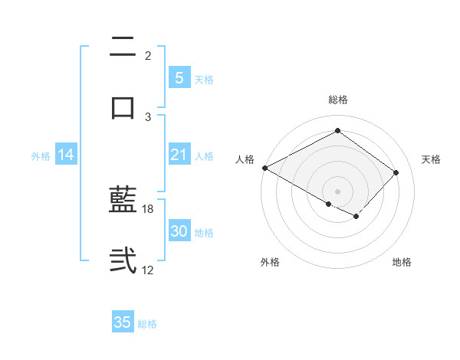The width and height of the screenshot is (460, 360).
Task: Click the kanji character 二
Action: click(x=123, y=47)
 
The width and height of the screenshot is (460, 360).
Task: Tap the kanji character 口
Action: click(x=123, y=108)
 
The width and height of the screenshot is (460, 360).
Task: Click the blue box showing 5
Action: click(x=179, y=78)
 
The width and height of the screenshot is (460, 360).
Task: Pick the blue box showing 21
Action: click(x=179, y=155)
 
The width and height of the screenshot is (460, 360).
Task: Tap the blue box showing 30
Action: click(x=179, y=231)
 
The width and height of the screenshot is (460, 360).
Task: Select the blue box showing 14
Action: click(x=66, y=155)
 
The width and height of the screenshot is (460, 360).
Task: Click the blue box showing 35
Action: click(x=123, y=322)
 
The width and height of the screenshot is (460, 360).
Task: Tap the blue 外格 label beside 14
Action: click(x=41, y=156)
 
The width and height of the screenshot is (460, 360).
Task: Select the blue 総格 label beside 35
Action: click(x=147, y=324)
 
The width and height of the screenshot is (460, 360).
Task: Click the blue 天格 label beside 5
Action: click(x=204, y=80)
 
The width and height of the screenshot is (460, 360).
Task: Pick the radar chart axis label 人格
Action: click(x=245, y=159)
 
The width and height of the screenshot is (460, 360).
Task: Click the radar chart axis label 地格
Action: click(x=402, y=262)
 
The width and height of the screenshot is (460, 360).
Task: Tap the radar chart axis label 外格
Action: click(x=270, y=262)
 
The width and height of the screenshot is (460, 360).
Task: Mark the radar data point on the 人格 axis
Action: click(x=264, y=168)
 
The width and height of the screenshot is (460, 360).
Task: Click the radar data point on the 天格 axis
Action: click(x=396, y=172)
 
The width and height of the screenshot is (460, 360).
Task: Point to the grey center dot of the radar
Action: click(x=337, y=191)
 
